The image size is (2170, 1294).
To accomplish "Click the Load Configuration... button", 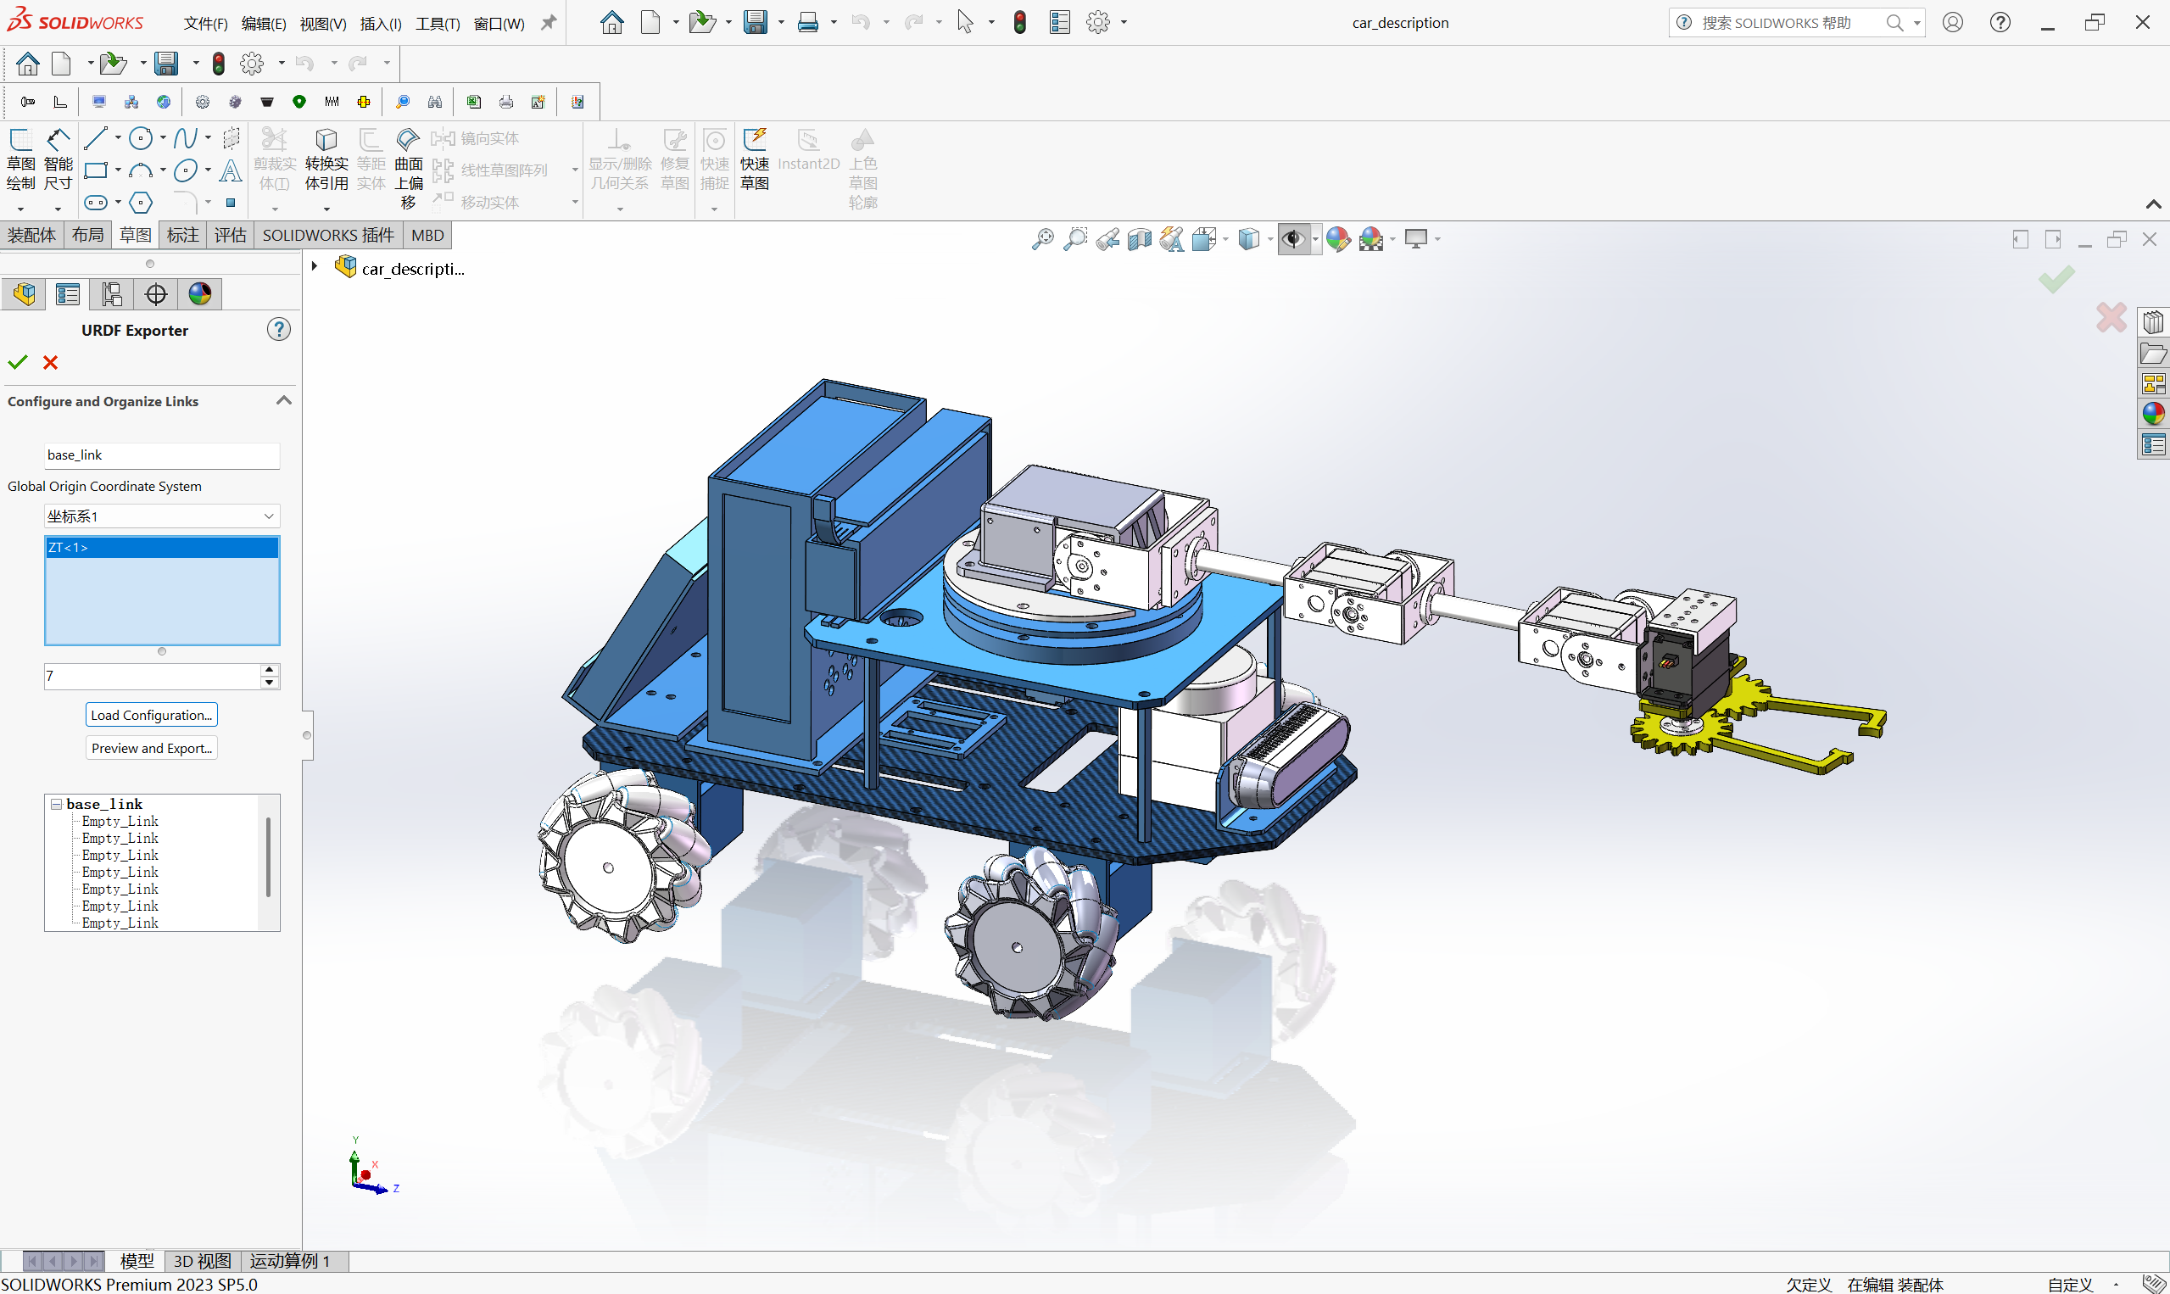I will click(x=151, y=715).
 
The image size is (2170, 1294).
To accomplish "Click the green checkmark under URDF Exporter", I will click(x=18, y=362).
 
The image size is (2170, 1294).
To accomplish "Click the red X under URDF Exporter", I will click(x=51, y=362).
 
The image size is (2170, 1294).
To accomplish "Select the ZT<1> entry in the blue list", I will click(x=161, y=548).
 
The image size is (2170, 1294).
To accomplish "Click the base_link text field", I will click(x=161, y=455).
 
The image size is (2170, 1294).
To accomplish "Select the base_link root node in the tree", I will click(x=103, y=804).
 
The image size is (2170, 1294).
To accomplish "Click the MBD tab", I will click(x=427, y=236).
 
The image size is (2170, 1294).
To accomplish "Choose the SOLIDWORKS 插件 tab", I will click(x=328, y=236).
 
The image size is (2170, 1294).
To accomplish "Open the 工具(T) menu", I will click(x=437, y=24).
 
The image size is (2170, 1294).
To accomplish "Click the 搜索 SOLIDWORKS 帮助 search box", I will click(x=1788, y=23).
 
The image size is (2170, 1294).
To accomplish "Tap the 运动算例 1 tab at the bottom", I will click(x=290, y=1261).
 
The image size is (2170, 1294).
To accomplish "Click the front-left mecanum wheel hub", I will click(x=608, y=867).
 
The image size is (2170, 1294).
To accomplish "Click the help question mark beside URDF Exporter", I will click(x=278, y=330).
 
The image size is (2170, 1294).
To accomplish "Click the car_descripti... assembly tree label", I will click(x=412, y=270).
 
